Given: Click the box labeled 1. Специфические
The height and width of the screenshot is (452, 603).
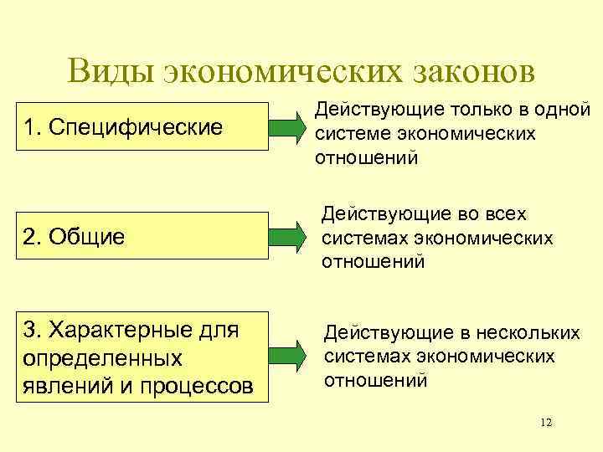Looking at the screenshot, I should pyautogui.click(x=136, y=127).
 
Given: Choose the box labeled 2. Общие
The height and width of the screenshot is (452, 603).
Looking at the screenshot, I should pyautogui.click(x=136, y=237).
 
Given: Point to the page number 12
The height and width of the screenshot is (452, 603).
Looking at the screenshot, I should pyautogui.click(x=546, y=422).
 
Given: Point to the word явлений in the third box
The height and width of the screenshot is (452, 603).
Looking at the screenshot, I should pyautogui.click(x=65, y=387).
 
